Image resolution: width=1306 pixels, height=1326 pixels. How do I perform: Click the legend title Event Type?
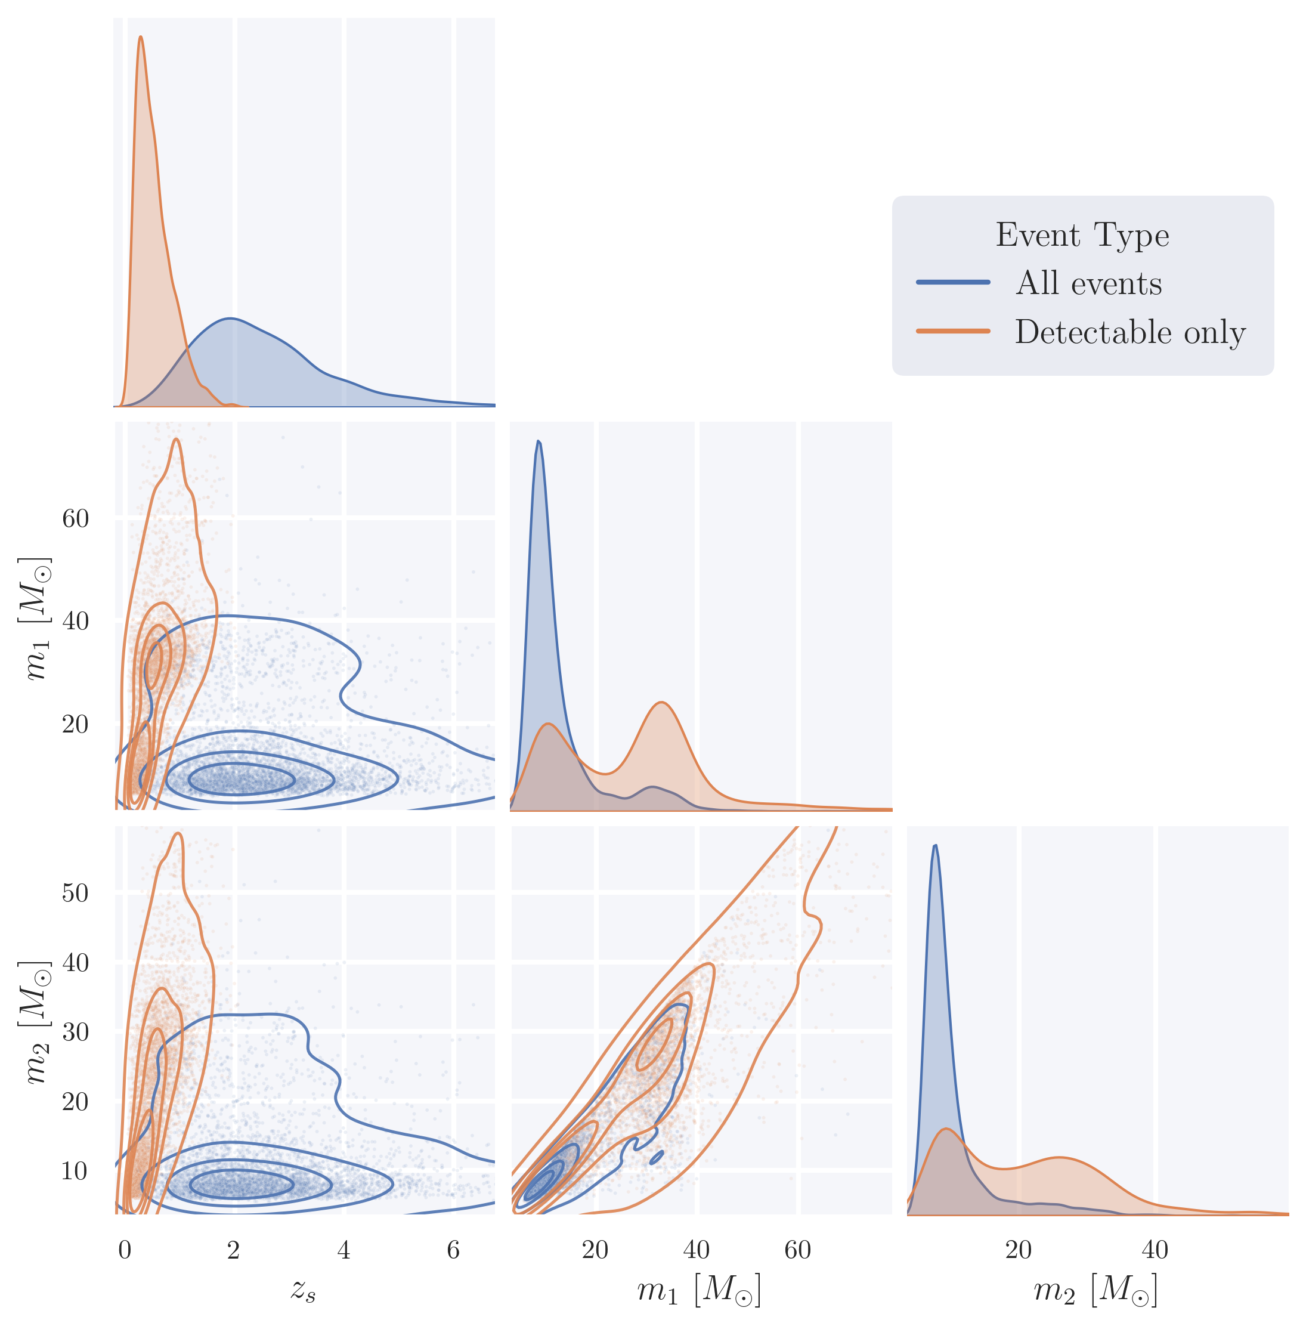click(1082, 235)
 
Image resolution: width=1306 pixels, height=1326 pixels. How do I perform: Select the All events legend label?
click(1088, 283)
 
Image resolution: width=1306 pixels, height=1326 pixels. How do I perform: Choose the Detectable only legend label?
click(1129, 332)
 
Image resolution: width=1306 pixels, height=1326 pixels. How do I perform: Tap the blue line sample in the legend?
click(953, 282)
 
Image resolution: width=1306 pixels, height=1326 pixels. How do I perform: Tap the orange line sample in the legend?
click(953, 331)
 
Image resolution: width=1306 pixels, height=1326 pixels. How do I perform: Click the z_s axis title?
click(303, 1290)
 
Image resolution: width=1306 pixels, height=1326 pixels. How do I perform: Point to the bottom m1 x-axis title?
click(699, 1290)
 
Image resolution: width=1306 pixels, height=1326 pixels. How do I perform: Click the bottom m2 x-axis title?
click(1095, 1290)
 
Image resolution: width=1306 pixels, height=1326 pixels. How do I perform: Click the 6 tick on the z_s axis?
click(453, 1250)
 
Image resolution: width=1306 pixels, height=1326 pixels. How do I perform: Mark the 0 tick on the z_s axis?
click(124, 1250)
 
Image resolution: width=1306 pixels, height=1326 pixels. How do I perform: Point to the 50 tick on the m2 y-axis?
click(76, 893)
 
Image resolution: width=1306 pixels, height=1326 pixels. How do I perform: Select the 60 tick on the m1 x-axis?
click(798, 1250)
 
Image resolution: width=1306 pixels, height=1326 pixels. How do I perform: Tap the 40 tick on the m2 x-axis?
click(1155, 1250)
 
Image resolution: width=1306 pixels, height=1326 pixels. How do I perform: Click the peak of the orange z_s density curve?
click(141, 37)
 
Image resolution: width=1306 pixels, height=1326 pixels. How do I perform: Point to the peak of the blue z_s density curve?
click(230, 319)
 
